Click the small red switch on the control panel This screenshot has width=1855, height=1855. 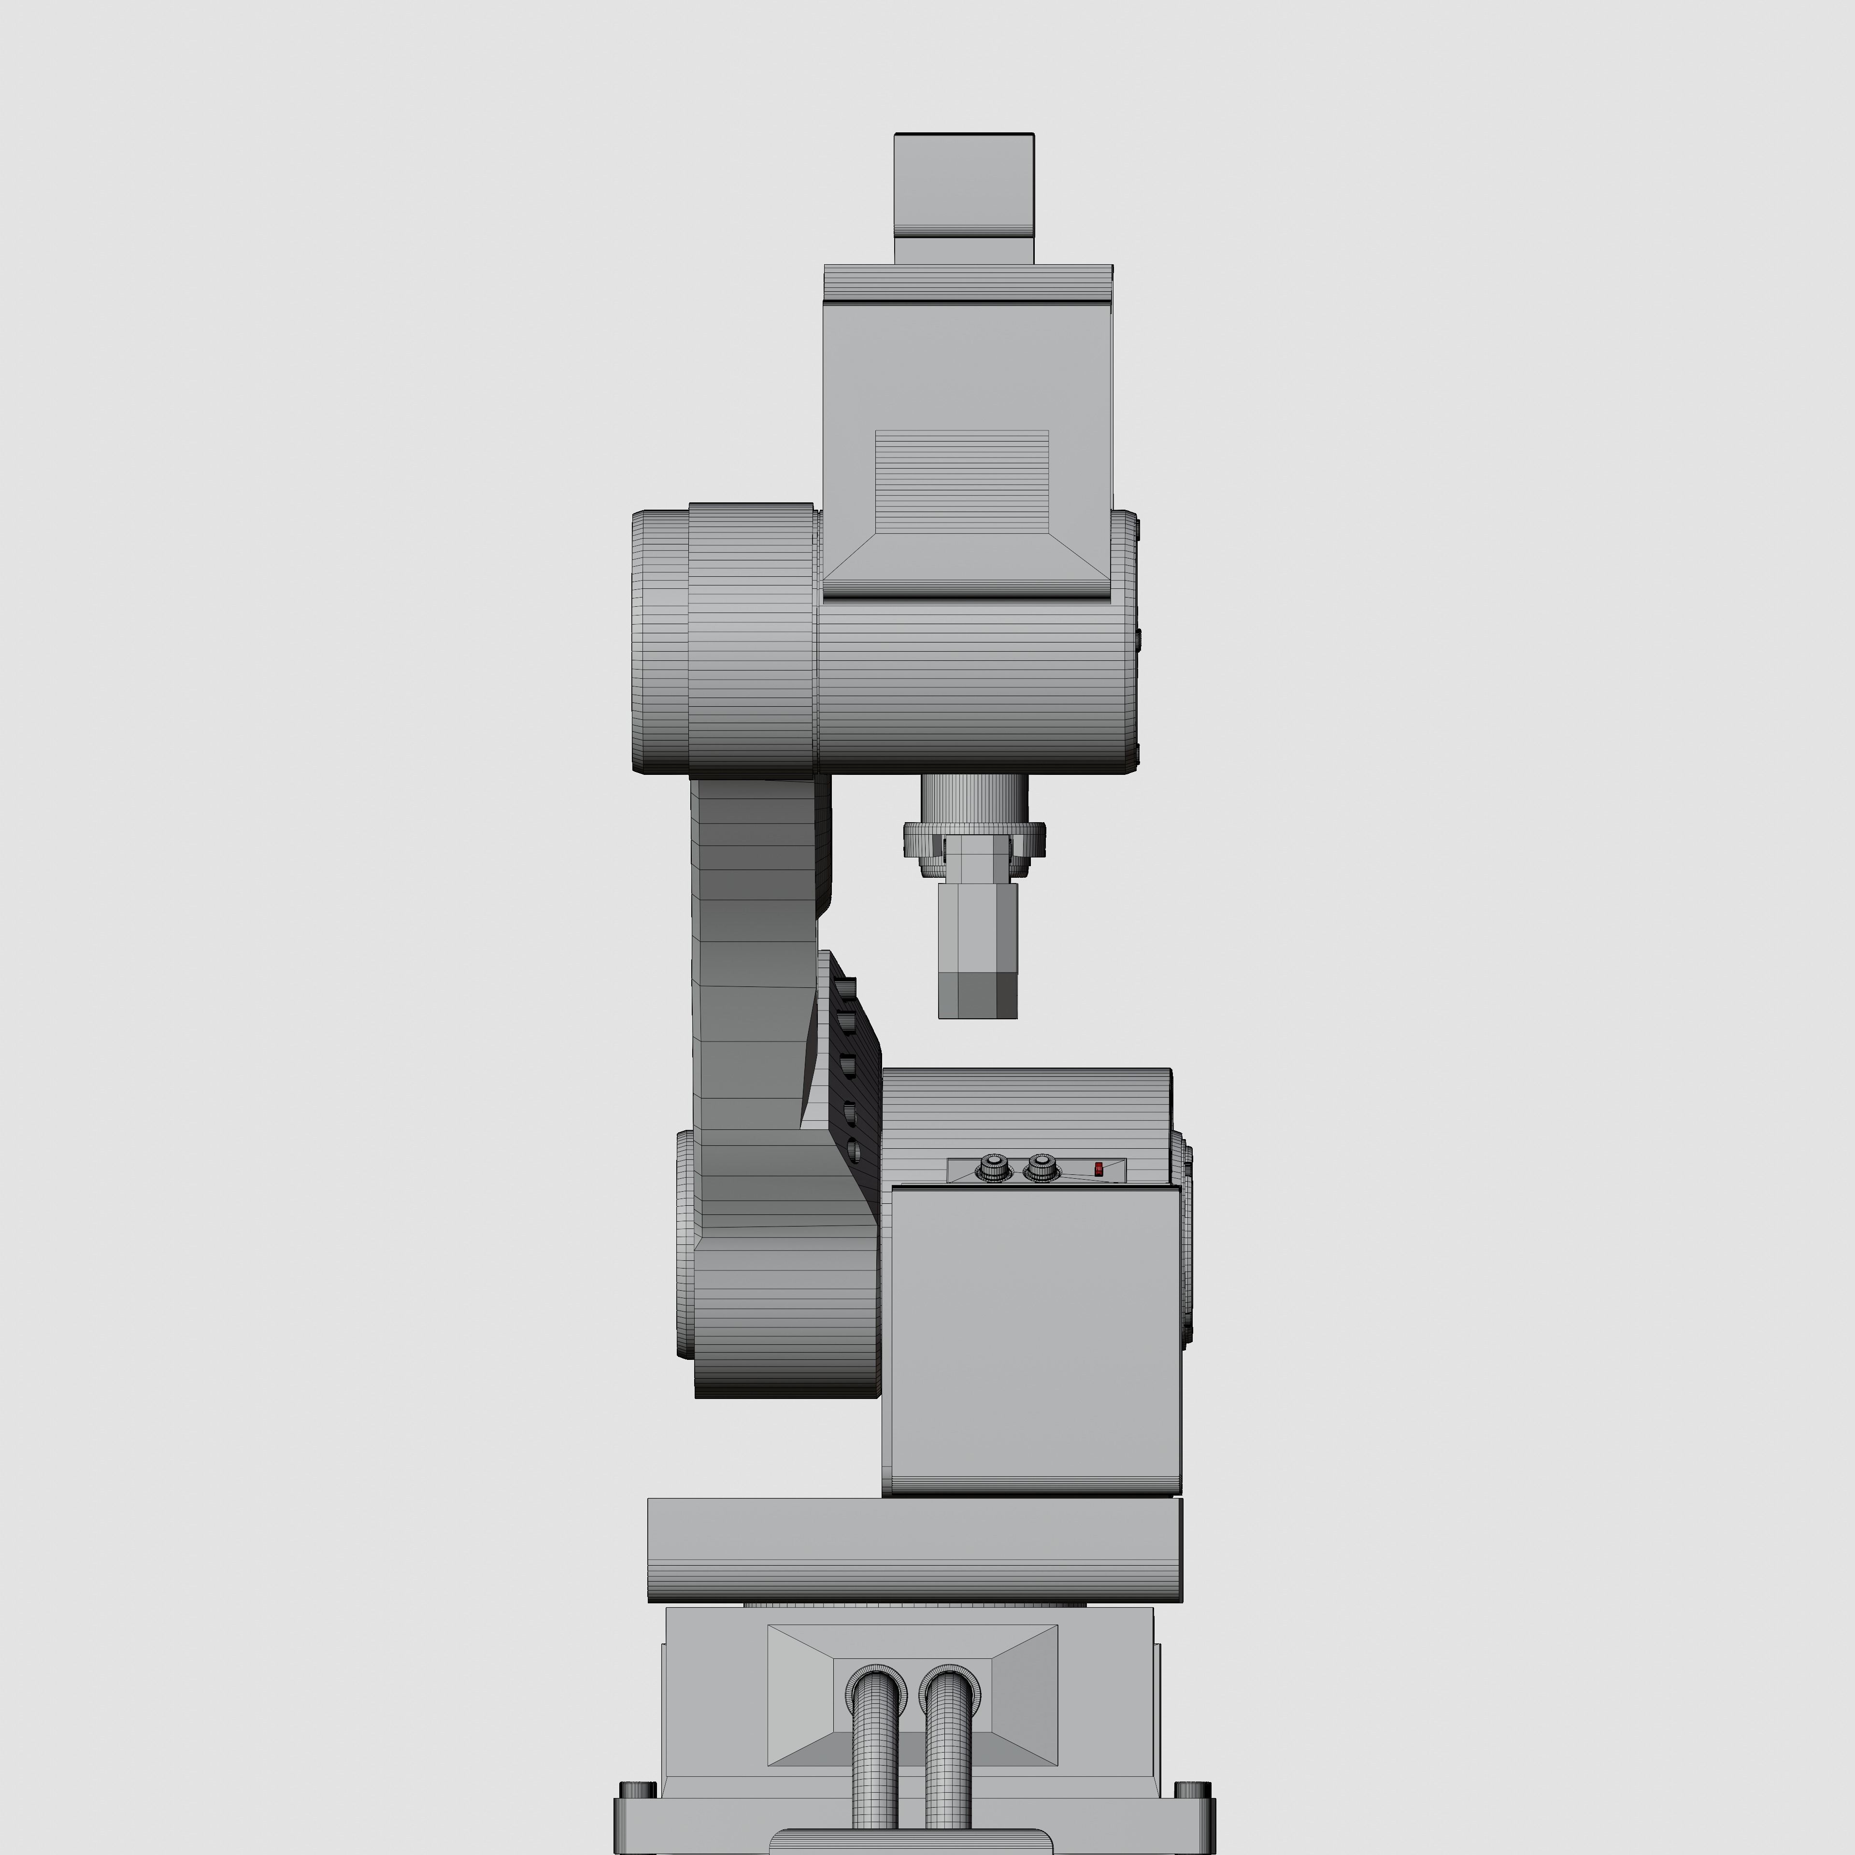click(x=1099, y=1169)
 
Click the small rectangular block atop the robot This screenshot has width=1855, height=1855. click(x=963, y=192)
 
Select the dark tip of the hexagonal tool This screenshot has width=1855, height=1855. click(x=976, y=995)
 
